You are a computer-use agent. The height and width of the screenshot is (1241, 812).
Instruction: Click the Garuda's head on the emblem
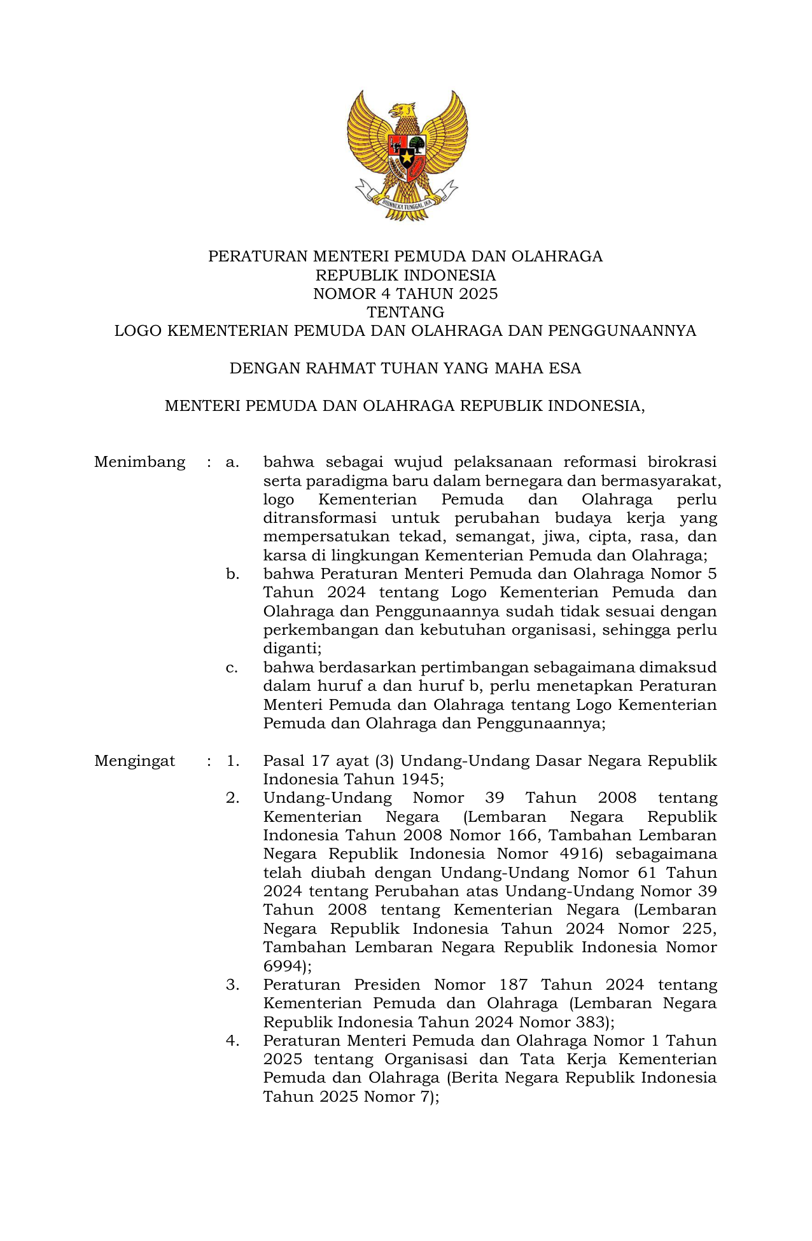403,111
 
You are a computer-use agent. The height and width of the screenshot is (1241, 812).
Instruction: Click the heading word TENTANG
405,312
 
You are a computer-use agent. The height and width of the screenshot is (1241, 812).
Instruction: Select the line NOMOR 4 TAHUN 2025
405,294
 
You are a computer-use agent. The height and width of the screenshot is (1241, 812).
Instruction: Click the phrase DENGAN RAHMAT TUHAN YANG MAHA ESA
405,368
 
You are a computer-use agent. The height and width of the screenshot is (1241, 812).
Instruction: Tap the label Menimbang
139,462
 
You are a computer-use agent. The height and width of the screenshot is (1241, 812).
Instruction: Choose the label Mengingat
134,761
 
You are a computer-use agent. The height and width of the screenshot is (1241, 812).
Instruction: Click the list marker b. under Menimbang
232,574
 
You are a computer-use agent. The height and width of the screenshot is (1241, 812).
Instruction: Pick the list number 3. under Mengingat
232,985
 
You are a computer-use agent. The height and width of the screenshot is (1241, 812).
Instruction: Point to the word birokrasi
682,462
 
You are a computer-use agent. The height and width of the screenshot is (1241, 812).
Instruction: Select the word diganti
291,648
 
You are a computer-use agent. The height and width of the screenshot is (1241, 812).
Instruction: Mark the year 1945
420,779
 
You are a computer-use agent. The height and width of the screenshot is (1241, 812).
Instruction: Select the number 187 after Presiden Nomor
514,985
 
